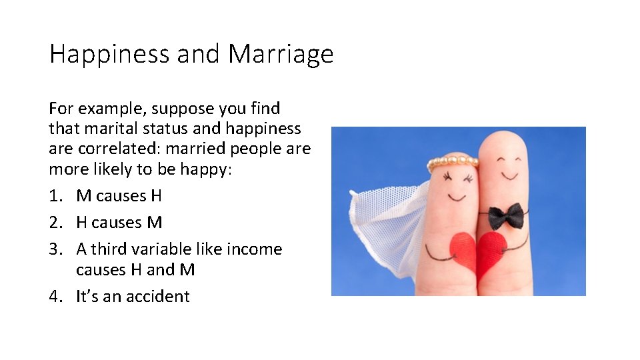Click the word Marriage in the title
tap(280, 54)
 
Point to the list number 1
tap(55, 196)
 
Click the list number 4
tap(55, 296)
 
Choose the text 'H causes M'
tap(119, 223)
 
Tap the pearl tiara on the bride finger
tap(453, 160)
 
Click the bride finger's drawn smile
tap(457, 197)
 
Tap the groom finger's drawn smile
tap(509, 176)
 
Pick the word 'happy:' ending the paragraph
tap(208, 169)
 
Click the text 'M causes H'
tap(119, 196)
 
